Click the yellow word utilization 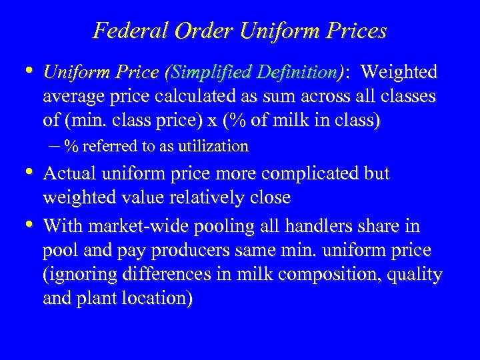tap(213, 146)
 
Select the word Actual tap(71, 173)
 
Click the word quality tap(417, 275)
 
